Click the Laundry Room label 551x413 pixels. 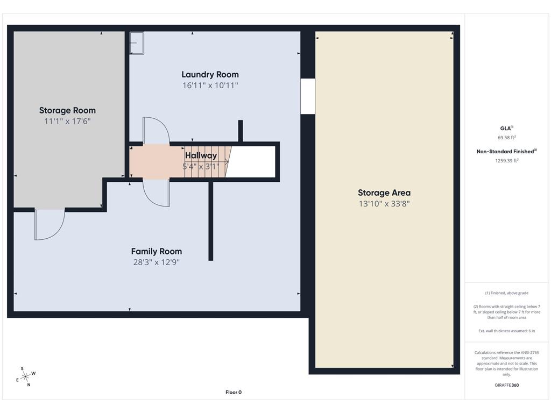tap(210, 74)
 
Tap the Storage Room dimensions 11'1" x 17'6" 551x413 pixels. tap(67, 121)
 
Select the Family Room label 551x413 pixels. tap(157, 252)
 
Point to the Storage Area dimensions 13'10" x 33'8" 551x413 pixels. tap(384, 204)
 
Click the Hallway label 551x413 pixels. tap(201, 155)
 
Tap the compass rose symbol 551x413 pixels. tap(26, 377)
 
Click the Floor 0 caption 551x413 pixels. tap(234, 392)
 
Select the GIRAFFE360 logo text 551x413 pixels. tap(507, 385)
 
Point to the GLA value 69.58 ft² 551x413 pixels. tap(507, 137)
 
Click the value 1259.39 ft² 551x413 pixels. tap(507, 160)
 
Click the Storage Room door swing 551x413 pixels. tap(49, 225)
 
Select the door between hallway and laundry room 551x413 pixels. tap(157, 131)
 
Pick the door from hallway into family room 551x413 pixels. tap(157, 193)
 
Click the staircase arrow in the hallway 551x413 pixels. tap(206, 162)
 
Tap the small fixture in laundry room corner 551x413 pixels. tap(137, 43)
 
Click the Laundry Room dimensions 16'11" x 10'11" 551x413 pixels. tap(210, 86)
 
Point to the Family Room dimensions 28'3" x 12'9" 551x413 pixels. tap(157, 262)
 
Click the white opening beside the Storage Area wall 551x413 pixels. tap(308, 96)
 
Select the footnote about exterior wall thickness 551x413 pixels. tap(507, 331)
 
